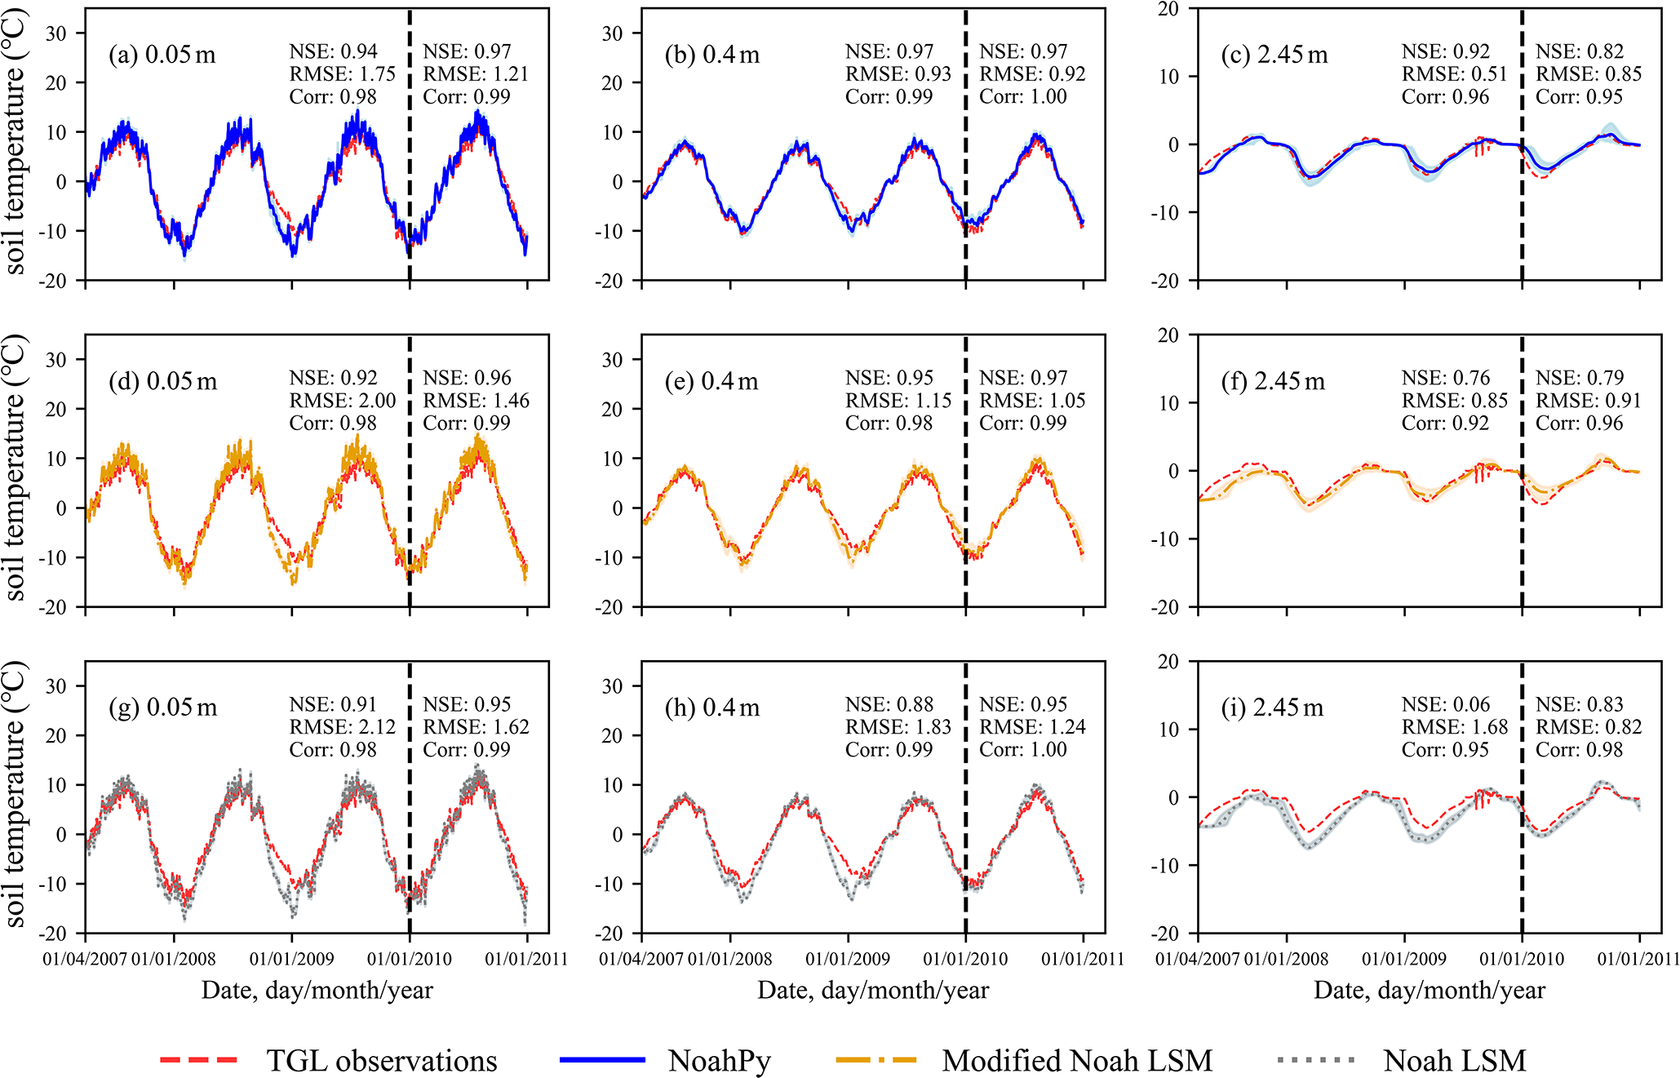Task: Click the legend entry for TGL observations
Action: [x=381, y=1060]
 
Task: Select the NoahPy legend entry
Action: [x=719, y=1060]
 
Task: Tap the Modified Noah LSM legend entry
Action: [x=1076, y=1060]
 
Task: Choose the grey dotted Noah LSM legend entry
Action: [x=1454, y=1060]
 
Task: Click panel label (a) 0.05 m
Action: [x=162, y=55]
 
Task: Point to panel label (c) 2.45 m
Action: [x=1274, y=55]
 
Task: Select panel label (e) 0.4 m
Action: [x=711, y=381]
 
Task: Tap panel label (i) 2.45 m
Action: [x=1272, y=708]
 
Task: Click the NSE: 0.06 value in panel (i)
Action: [x=1446, y=704]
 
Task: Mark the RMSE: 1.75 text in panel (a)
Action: [x=343, y=74]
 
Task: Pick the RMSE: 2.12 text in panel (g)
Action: [x=343, y=727]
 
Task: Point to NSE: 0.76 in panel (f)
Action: [x=1446, y=378]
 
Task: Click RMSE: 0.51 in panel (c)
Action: [x=1455, y=74]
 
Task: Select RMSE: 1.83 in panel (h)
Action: [x=898, y=727]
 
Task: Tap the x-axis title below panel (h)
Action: [x=873, y=990]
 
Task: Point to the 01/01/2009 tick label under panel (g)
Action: [x=291, y=959]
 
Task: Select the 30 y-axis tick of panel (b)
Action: [x=612, y=33]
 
